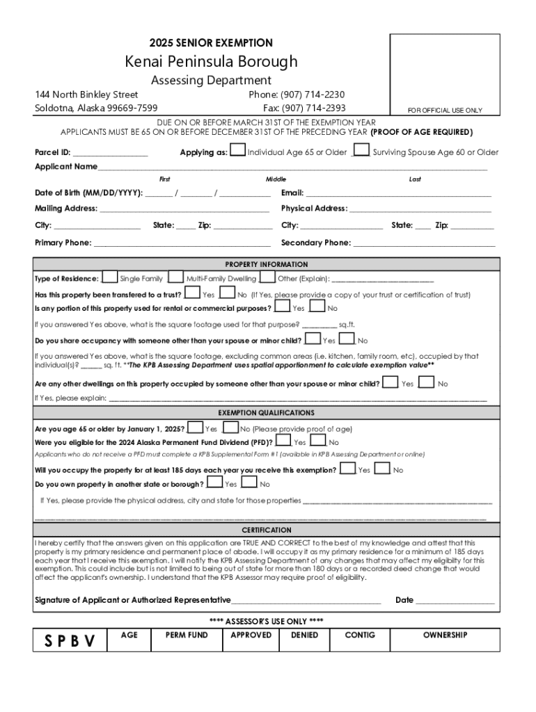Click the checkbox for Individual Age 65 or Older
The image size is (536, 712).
click(x=237, y=150)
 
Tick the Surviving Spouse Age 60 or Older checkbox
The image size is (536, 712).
click(x=361, y=150)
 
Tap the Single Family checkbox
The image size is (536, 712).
click(x=110, y=277)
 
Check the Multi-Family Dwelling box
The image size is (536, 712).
click(x=176, y=277)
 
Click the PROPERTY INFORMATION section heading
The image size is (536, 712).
click(x=267, y=264)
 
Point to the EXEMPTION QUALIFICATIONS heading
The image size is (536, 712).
click(x=267, y=412)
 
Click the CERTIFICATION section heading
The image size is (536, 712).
click(x=267, y=530)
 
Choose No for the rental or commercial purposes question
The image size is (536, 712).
click(x=317, y=307)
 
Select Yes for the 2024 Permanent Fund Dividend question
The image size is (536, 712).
click(x=283, y=441)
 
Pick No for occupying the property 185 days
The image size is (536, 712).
click(x=382, y=469)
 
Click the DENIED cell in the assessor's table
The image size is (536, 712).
click(x=305, y=635)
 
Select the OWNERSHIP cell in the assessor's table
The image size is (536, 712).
click(x=445, y=635)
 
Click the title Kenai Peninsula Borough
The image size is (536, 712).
click(x=211, y=62)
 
